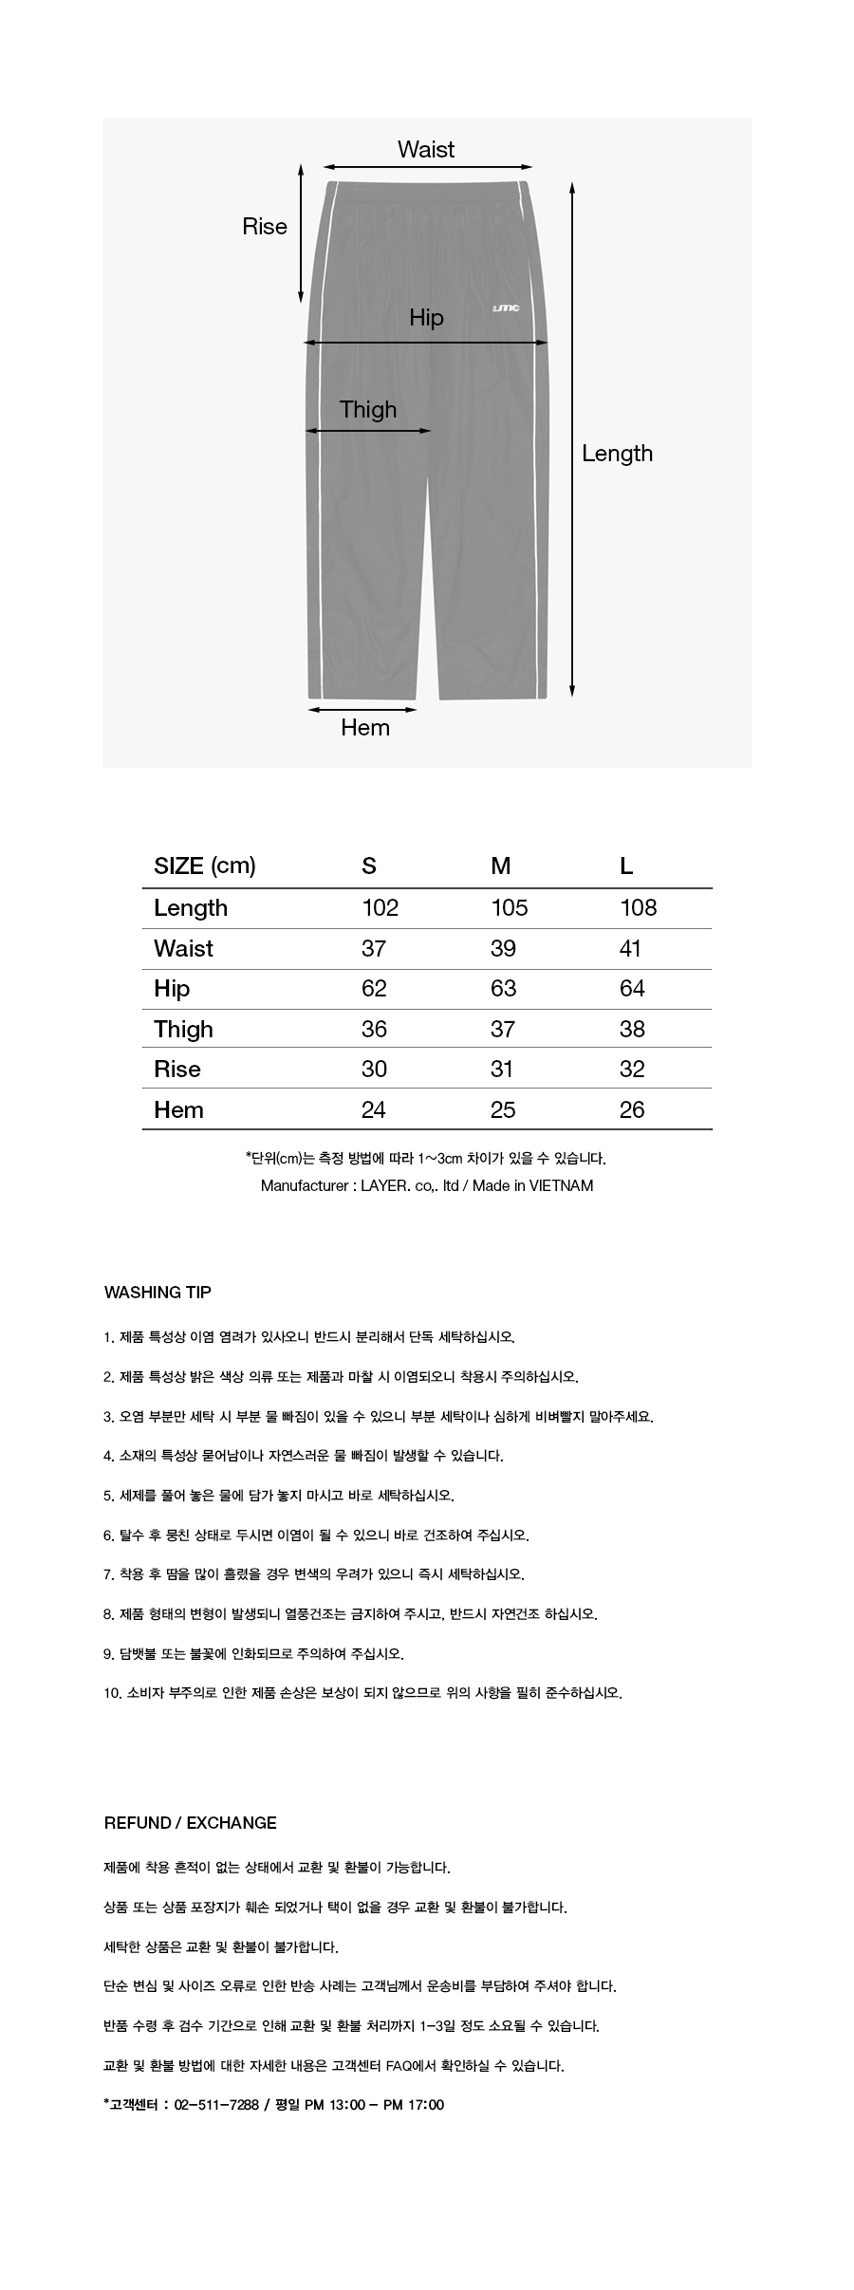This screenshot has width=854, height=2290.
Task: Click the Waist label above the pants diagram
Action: (425, 150)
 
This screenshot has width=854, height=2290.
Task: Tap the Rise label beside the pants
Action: (265, 227)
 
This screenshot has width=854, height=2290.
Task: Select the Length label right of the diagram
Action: (617, 454)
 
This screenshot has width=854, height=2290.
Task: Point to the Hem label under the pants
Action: (365, 728)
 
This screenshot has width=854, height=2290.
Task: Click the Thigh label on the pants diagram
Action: (368, 410)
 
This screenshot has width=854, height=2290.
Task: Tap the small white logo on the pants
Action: (506, 308)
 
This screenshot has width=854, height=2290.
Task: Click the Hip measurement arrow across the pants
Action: (426, 343)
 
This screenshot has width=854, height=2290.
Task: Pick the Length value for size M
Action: (509, 908)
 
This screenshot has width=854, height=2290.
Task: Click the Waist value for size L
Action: (630, 949)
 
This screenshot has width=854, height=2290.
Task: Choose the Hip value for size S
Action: (374, 989)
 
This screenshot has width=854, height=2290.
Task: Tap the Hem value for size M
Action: (503, 1110)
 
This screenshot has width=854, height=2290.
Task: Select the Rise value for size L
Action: (632, 1070)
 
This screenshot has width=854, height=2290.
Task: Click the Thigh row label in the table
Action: (183, 1030)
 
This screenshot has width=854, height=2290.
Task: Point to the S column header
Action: (369, 866)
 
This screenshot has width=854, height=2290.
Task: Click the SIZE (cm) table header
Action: (205, 866)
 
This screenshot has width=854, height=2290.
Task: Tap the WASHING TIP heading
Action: (158, 1293)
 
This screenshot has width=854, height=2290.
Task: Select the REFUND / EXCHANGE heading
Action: (191, 1823)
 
